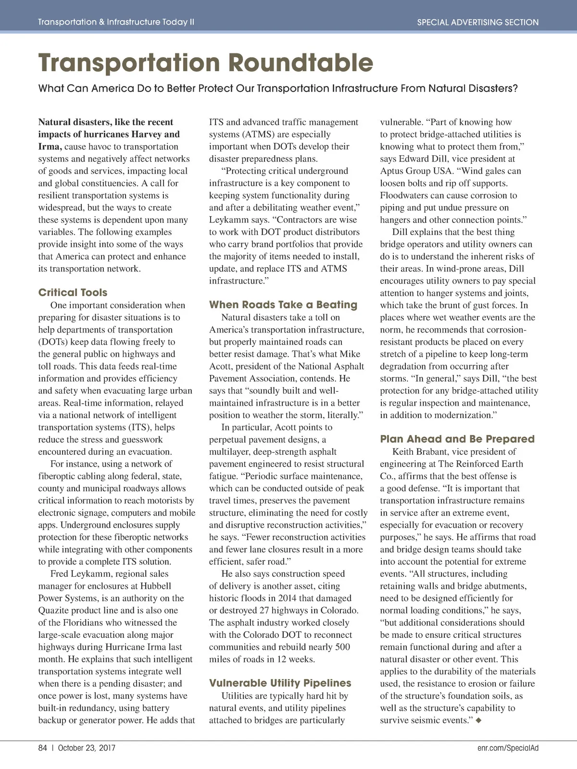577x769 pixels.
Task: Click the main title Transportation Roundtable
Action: point(205,63)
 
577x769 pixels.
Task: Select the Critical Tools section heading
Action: point(73,293)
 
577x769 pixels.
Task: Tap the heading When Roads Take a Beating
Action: point(283,305)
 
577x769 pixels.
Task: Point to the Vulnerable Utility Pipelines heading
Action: point(280,683)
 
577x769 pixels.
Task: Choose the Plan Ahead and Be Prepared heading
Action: point(457,439)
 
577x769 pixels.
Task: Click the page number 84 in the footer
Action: point(43,748)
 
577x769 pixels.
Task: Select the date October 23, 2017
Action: point(87,748)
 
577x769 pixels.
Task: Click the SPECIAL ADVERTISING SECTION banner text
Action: point(477,22)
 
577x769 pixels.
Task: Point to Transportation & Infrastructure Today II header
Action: point(116,22)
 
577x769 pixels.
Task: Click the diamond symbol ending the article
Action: point(478,720)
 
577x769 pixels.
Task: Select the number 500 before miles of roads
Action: point(342,647)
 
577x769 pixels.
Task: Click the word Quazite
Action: point(54,610)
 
